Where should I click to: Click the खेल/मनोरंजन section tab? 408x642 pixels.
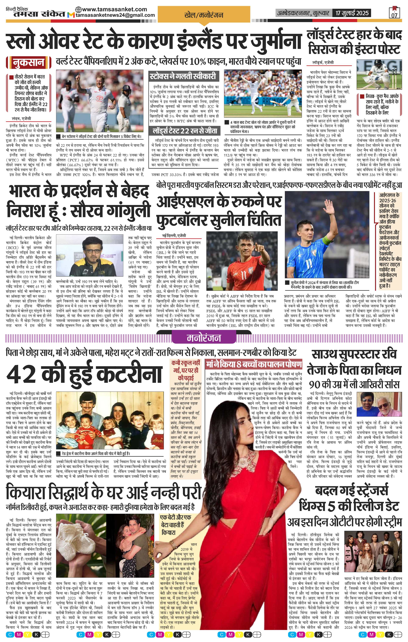point(204,15)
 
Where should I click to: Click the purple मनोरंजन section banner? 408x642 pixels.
point(204,338)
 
